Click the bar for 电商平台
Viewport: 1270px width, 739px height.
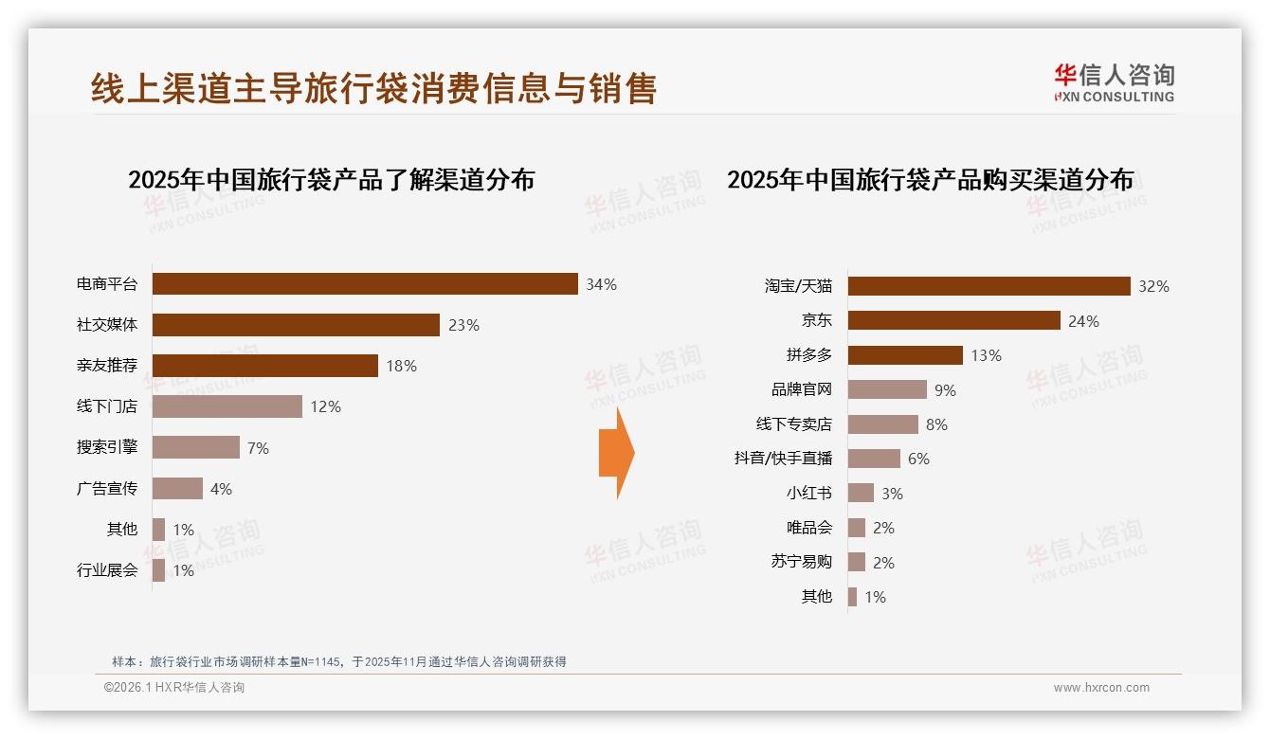coord(365,284)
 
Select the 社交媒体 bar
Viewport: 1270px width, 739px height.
coord(296,325)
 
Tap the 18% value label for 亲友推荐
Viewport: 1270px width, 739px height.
coord(401,366)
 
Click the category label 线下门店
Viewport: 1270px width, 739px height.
coord(107,406)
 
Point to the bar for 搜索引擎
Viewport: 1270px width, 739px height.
coord(196,447)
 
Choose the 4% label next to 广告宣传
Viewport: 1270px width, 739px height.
coord(221,489)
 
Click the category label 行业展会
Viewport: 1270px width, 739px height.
coord(107,570)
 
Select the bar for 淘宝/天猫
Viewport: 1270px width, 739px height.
coord(989,286)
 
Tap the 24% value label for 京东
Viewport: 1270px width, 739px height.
coord(1083,321)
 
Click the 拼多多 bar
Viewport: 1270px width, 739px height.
coord(905,355)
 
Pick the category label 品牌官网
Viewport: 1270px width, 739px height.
coord(801,389)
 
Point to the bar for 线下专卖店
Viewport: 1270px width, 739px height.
coord(882,424)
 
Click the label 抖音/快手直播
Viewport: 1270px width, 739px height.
coord(783,459)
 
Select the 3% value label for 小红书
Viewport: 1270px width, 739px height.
coord(892,494)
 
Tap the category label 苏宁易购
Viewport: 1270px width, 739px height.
coord(801,562)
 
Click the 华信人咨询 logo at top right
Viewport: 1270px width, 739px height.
coord(1114,82)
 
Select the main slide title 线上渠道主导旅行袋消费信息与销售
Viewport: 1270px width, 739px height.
coord(373,88)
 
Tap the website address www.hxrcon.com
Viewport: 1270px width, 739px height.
coord(1101,688)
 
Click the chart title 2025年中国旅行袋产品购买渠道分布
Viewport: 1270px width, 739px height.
coord(930,180)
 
